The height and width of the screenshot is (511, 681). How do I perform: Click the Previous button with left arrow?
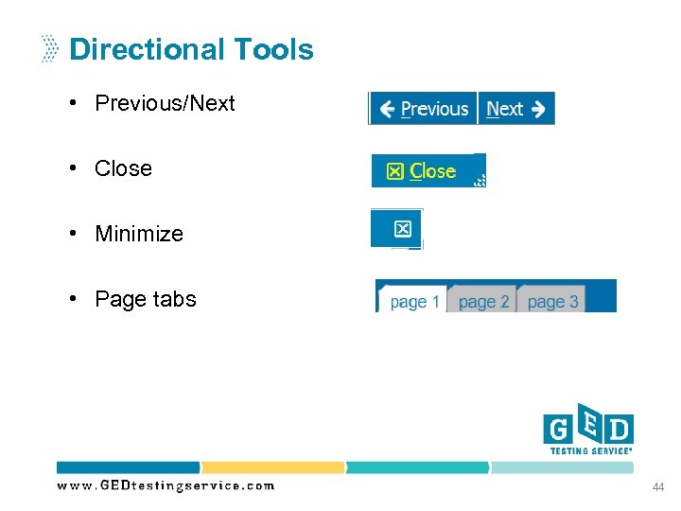[424, 109]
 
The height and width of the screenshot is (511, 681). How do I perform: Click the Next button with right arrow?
[516, 109]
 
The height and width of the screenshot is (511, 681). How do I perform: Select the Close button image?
[428, 171]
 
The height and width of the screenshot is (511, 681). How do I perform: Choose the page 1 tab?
[413, 302]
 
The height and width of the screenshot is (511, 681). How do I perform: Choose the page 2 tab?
[483, 302]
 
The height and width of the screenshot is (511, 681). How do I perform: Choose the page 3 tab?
[552, 302]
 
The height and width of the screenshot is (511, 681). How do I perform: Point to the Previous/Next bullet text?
[165, 103]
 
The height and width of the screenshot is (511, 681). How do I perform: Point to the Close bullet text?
[123, 168]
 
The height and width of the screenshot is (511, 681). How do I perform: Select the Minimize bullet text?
[139, 234]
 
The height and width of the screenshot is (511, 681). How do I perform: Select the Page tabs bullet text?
[146, 299]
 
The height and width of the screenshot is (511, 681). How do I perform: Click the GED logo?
[587, 427]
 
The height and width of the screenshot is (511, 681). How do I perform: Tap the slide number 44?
[657, 486]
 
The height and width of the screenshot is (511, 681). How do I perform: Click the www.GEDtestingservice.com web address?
[166, 485]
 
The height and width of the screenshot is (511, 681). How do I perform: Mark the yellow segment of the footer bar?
[272, 467]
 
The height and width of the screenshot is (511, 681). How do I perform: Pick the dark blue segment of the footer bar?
[129, 467]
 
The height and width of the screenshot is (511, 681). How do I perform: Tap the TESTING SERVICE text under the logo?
[591, 450]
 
